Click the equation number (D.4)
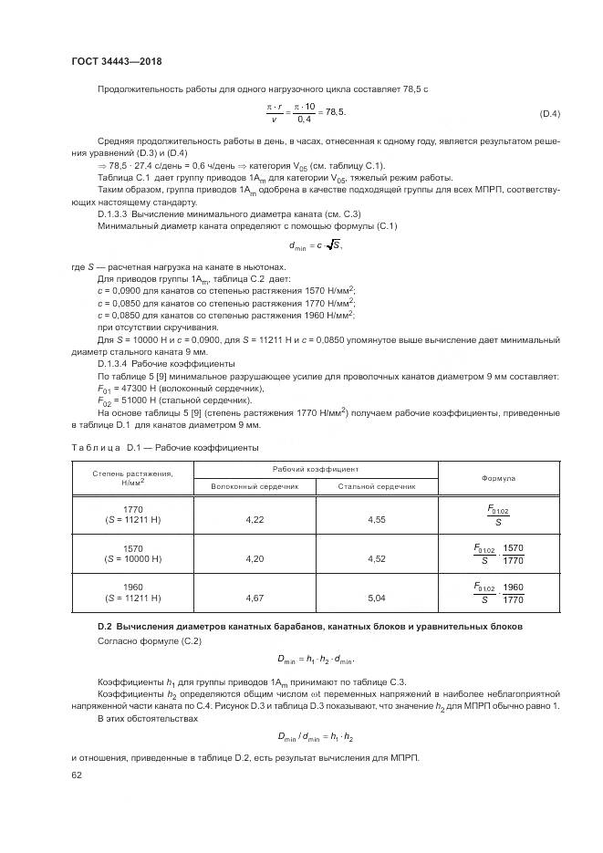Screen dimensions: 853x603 549,113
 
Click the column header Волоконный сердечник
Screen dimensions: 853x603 255,486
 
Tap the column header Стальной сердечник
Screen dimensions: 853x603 376,486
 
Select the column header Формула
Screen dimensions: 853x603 498,477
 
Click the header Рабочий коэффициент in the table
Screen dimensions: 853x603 316,468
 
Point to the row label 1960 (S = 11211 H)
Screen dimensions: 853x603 133,593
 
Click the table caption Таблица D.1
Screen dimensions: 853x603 164,447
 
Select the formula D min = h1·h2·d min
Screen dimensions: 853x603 316,658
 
